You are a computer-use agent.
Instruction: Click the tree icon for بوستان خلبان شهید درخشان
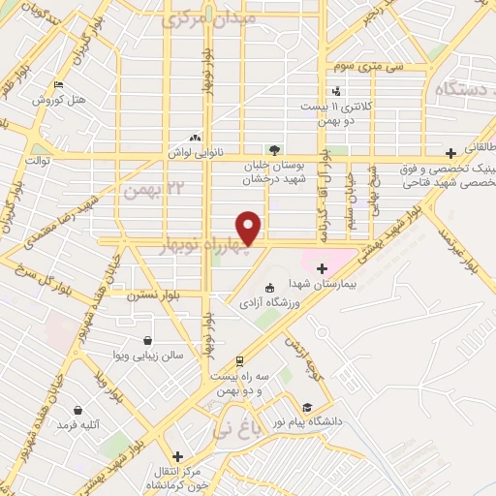(x=276, y=149)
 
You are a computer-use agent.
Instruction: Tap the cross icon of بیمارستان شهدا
(x=322, y=267)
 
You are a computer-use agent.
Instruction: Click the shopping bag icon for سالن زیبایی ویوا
(x=146, y=341)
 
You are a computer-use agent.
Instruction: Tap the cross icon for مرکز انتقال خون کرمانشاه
(x=176, y=455)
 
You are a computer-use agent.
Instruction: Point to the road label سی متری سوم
(x=360, y=66)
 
